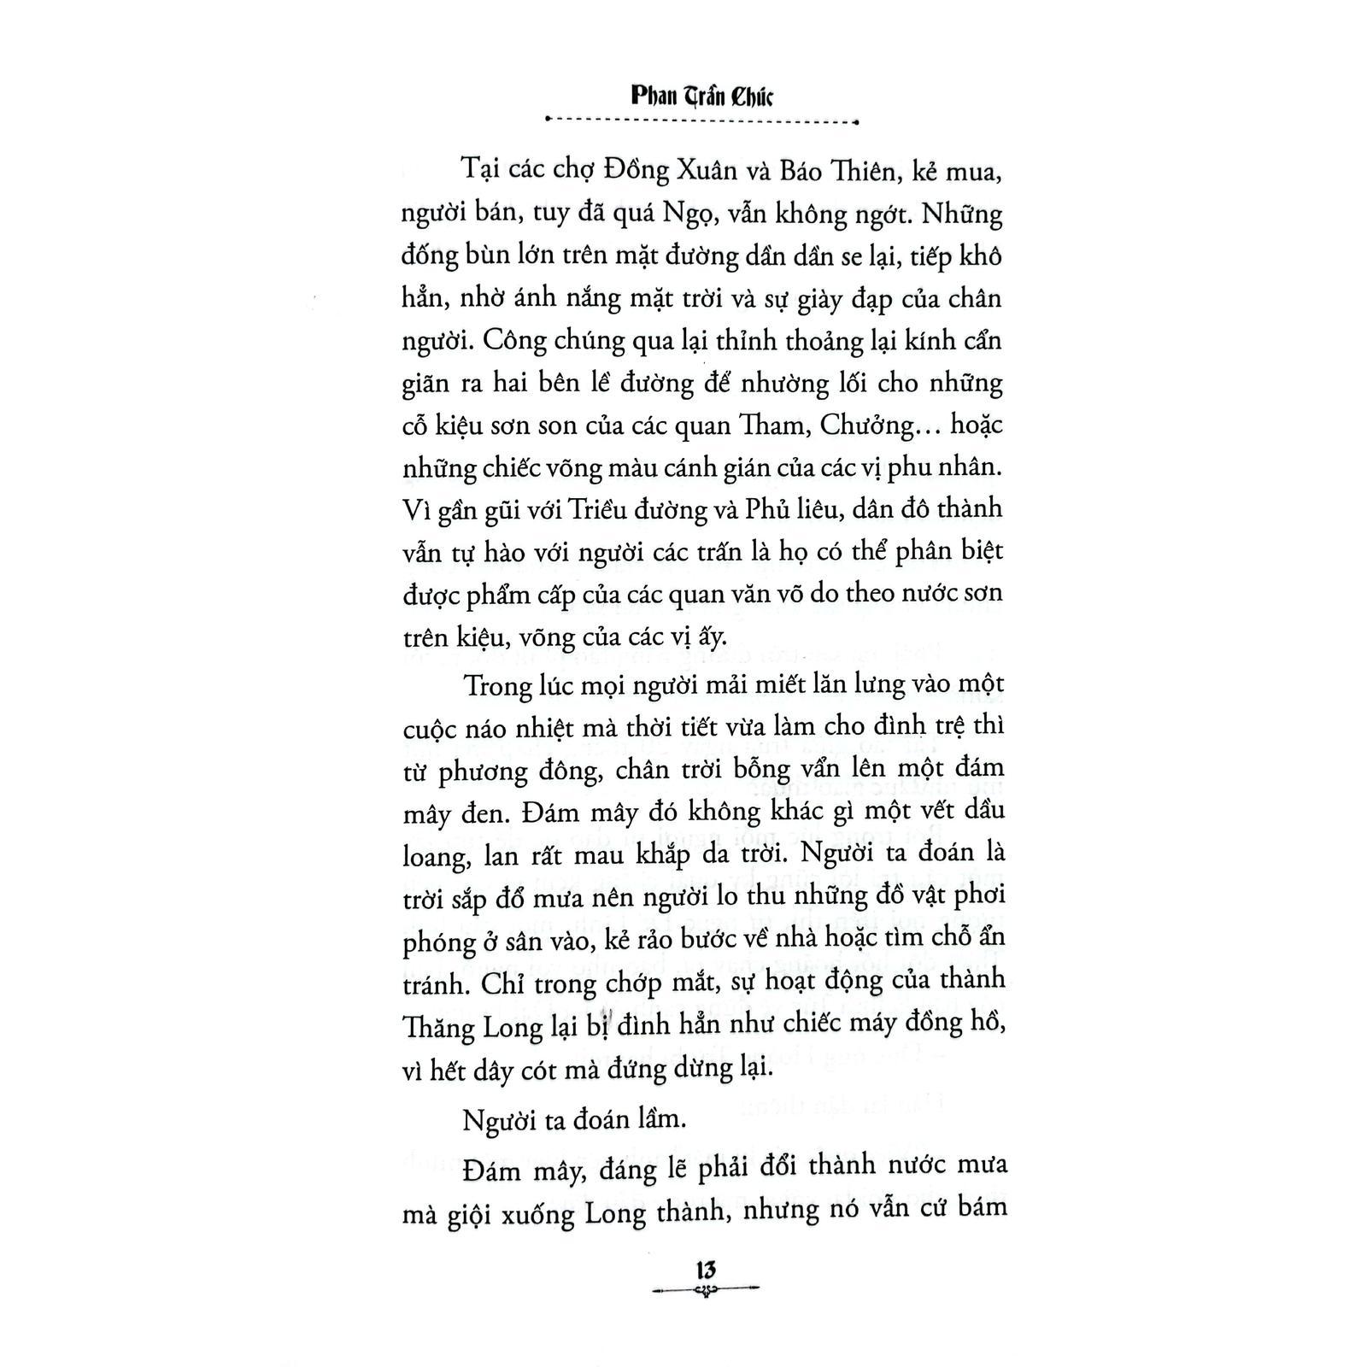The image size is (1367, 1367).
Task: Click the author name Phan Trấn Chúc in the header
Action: coord(701,94)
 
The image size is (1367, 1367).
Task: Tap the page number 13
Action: coord(706,1270)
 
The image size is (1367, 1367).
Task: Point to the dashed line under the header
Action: coord(701,121)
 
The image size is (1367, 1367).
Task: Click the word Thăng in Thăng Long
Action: coord(441,1026)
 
